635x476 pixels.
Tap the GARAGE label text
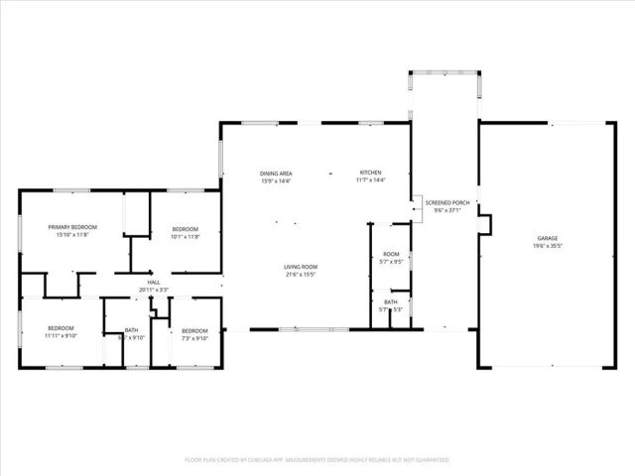pyautogui.click(x=548, y=239)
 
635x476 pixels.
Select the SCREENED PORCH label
pyautogui.click(x=446, y=202)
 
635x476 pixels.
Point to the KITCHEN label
pyautogui.click(x=370, y=173)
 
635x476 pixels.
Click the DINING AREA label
pyautogui.click(x=277, y=173)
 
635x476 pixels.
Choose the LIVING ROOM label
pyautogui.click(x=300, y=266)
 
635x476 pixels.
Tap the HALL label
pyautogui.click(x=154, y=283)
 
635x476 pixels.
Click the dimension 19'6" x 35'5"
pyautogui.click(x=548, y=247)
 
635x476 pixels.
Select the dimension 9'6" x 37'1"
pyautogui.click(x=446, y=210)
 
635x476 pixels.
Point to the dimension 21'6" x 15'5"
pyautogui.click(x=300, y=274)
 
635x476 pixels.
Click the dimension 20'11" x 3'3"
pyautogui.click(x=154, y=290)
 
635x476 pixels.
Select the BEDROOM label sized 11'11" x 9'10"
pyautogui.click(x=61, y=328)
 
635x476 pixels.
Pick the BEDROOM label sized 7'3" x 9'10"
pyautogui.click(x=194, y=329)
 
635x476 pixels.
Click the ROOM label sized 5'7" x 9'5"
pyautogui.click(x=391, y=255)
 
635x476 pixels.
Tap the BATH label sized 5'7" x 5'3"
pyautogui.click(x=391, y=302)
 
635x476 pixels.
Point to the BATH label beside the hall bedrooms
pyautogui.click(x=132, y=329)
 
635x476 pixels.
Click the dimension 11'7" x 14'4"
pyautogui.click(x=370, y=180)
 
